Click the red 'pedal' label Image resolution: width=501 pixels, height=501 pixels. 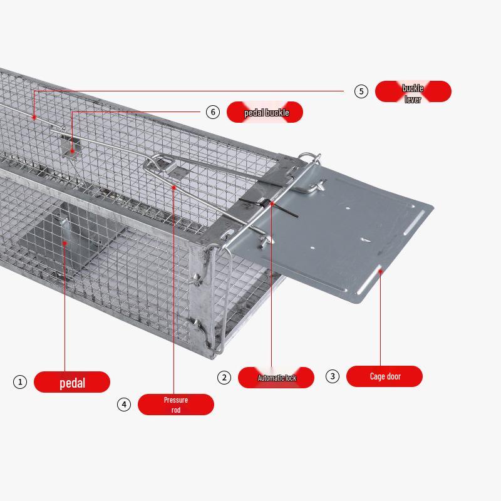[x=72, y=382]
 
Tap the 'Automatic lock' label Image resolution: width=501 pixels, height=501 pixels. [x=276, y=378]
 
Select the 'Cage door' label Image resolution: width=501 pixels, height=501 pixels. [x=385, y=376]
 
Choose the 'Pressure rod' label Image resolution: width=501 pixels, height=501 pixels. [x=176, y=405]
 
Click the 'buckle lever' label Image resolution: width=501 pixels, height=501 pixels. [x=413, y=91]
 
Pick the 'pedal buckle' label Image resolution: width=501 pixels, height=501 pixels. [x=264, y=112]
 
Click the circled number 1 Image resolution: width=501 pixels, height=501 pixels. [x=20, y=382]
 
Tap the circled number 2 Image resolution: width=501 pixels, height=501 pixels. [x=224, y=378]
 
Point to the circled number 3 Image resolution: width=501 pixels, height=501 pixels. [x=333, y=376]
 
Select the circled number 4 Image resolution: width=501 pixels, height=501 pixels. [x=123, y=405]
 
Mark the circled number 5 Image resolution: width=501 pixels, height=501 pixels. [x=361, y=91]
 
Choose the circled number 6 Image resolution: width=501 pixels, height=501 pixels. [x=213, y=112]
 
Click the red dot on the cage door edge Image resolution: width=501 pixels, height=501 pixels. [x=380, y=271]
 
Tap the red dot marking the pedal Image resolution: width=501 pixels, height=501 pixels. [x=65, y=243]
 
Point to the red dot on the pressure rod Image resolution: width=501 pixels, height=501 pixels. [x=174, y=187]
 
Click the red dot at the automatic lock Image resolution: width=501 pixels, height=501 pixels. [x=272, y=203]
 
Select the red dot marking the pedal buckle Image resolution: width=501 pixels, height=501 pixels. [x=72, y=151]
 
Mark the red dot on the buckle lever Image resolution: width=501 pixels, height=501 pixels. [x=34, y=118]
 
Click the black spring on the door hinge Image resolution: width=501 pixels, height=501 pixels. [x=269, y=205]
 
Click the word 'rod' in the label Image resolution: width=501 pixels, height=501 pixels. [x=176, y=410]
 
